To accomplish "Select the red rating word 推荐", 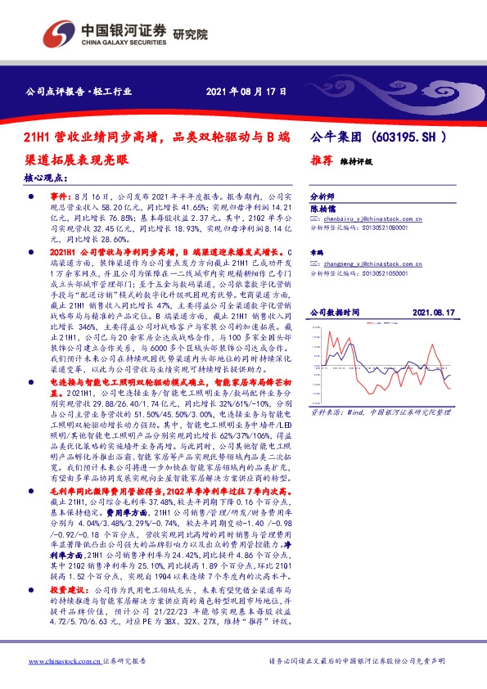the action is click(320, 161).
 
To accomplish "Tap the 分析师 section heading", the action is click(323, 197).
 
